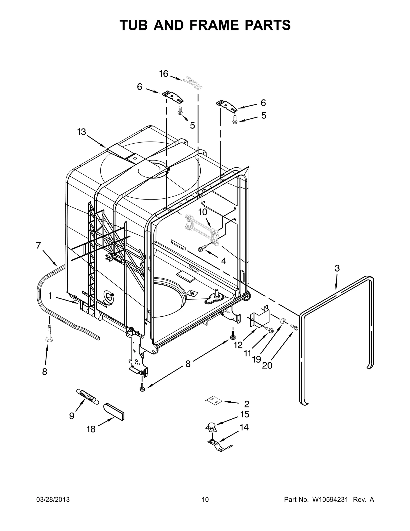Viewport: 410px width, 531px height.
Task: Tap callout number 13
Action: tap(81, 132)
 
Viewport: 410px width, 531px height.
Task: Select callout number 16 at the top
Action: tap(163, 74)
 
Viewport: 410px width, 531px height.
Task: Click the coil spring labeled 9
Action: tap(87, 397)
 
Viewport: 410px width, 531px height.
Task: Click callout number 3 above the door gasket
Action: tap(337, 268)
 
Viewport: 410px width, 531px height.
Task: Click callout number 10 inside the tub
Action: tap(202, 212)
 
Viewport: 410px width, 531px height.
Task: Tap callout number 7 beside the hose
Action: tap(38, 245)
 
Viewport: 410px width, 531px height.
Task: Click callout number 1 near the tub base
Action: tap(50, 296)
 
